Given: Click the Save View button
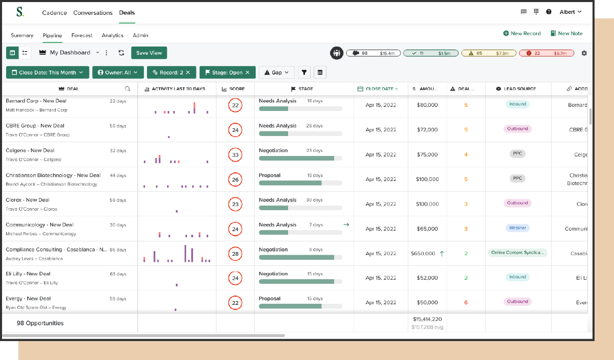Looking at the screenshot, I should coord(149,53).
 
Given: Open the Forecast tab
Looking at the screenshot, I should coord(82,35).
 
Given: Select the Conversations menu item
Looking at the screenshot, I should coord(93,12).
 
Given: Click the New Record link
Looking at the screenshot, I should coord(522,33).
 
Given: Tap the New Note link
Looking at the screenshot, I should coord(566,33).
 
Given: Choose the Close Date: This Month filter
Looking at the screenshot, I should coord(48,73).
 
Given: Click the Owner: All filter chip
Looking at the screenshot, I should coord(118,73).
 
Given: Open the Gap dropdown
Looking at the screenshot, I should coord(277,73).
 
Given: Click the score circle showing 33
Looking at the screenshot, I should coord(235,154).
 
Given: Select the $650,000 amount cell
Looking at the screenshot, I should coord(423,253).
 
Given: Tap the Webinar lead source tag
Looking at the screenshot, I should coord(518,228).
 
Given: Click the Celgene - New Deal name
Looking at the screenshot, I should coord(30,150).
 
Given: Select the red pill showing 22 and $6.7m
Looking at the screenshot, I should coord(546,53).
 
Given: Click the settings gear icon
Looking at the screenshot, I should coord(584,53).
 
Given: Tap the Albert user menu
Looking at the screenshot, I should coord(571,12).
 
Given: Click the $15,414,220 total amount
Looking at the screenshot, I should coord(427,319).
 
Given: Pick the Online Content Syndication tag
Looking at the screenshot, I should coord(518,253).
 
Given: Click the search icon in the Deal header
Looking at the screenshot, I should coord(127,88).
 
